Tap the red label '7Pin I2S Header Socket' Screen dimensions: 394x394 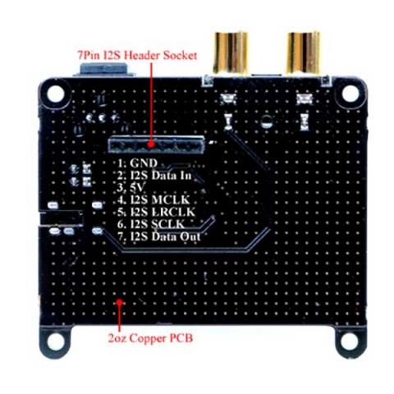point(137,55)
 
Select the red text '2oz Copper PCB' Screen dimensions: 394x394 point(150,338)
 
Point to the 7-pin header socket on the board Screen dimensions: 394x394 point(157,144)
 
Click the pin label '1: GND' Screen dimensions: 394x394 point(138,163)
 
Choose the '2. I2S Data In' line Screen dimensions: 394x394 point(154,176)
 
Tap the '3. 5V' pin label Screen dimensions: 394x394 point(131,188)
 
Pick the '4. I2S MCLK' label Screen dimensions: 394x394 point(153,199)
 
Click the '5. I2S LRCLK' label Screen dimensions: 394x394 point(156,212)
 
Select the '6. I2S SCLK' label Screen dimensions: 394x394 point(151,224)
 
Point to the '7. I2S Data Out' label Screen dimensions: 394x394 point(159,236)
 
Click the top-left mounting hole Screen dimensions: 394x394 point(55,94)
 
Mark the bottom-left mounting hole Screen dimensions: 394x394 point(55,341)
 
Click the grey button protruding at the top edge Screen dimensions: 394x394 point(103,70)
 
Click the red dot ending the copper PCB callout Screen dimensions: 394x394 point(119,302)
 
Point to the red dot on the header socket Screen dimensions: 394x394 point(151,144)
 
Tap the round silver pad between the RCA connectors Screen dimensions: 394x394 point(267,121)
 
